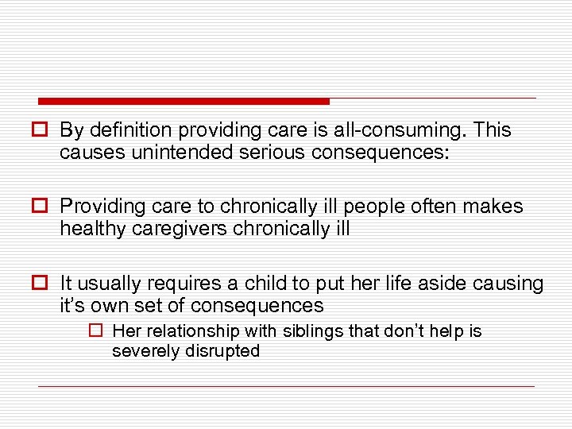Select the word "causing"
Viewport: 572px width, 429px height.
(512, 284)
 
